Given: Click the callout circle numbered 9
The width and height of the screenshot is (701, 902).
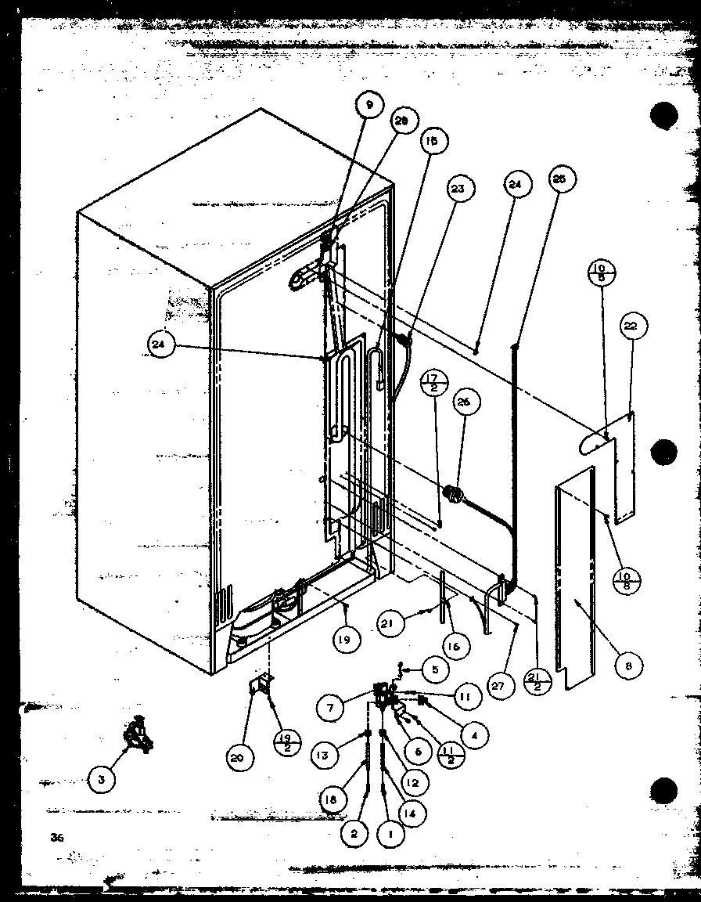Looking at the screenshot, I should [369, 103].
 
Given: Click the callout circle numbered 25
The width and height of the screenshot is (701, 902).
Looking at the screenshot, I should [560, 179].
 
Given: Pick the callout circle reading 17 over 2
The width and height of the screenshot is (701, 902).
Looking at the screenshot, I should [433, 384].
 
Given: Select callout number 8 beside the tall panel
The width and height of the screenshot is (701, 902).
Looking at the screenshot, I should [628, 666].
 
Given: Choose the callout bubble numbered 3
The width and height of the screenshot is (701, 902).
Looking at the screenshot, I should [101, 780].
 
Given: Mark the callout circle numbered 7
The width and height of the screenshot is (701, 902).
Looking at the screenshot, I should [332, 707].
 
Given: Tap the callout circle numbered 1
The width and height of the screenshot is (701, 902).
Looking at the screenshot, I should [390, 835].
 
